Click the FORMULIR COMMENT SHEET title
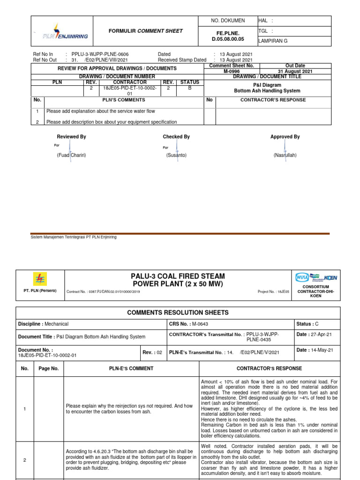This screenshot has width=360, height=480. [x=145, y=31]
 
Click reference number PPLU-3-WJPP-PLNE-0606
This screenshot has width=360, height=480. [x=100, y=54]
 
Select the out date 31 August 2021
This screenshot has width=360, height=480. [x=295, y=72]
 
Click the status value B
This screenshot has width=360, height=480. [x=189, y=88]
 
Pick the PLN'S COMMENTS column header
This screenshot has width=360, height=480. [x=124, y=100]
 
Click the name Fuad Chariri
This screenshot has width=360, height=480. [x=72, y=155]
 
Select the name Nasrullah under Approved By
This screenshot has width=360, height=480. [x=285, y=155]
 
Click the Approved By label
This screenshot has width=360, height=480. [x=285, y=137]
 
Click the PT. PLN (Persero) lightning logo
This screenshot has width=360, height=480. [x=40, y=279]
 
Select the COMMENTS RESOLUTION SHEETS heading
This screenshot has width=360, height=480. [x=178, y=312]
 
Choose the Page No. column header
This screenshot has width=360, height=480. [x=49, y=368]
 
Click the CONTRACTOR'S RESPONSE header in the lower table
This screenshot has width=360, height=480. [x=269, y=368]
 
